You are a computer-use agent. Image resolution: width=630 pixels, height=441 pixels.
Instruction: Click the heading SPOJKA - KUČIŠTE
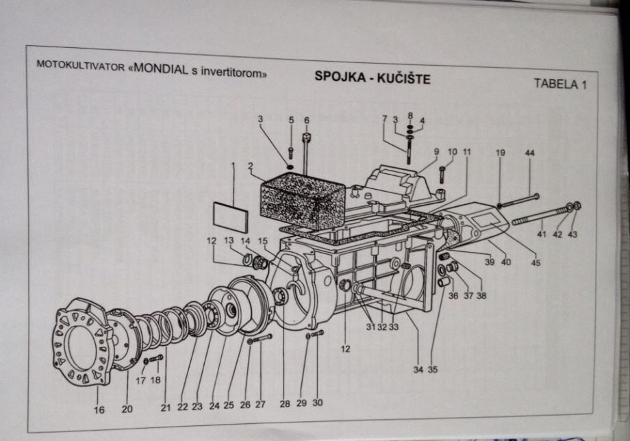pyautogui.click(x=372, y=77)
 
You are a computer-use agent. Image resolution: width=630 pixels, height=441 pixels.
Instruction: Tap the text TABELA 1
pyautogui.click(x=560, y=84)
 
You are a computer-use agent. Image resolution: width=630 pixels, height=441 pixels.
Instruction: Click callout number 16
pyautogui.click(x=100, y=409)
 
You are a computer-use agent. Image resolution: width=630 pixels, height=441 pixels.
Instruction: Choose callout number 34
pyautogui.click(x=418, y=370)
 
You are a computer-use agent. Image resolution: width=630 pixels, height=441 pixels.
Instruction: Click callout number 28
pyautogui.click(x=284, y=404)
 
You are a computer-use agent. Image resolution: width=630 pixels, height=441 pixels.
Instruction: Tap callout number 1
pyautogui.click(x=233, y=166)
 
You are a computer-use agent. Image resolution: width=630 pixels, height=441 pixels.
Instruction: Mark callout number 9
pyautogui.click(x=436, y=151)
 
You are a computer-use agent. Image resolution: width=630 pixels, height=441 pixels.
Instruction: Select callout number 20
pyautogui.click(x=127, y=409)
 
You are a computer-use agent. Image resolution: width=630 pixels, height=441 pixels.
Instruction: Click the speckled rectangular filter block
pyautogui.click(x=295, y=195)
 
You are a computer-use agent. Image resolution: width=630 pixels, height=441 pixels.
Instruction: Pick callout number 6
pyautogui.click(x=306, y=121)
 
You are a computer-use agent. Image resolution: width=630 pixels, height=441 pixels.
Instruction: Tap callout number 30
pyautogui.click(x=317, y=403)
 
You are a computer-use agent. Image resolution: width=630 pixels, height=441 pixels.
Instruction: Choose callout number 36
pyautogui.click(x=453, y=297)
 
